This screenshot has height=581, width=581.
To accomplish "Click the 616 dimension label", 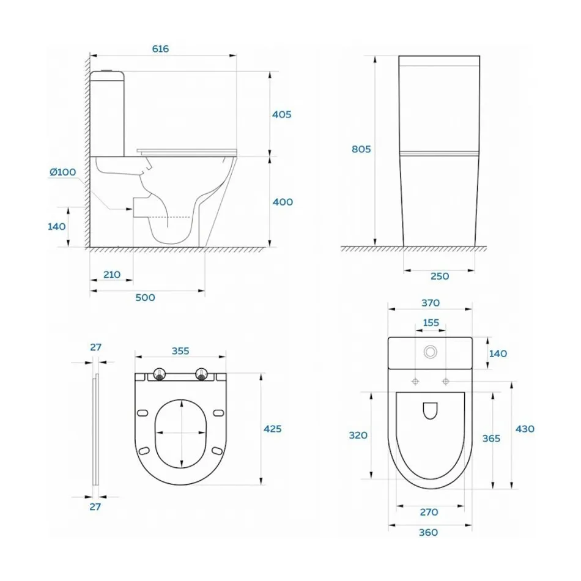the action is pos(160,48).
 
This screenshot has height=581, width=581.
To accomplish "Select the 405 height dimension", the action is pos(281,114).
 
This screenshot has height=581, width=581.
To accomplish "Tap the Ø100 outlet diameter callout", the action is pos(62,172).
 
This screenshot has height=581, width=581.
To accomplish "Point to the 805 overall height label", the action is pos(361,149).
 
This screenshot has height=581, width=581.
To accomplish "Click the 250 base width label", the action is pos(440,276).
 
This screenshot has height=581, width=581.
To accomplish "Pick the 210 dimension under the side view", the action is pos(111,275).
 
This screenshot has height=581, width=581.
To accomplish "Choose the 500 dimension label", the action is pos(145,298).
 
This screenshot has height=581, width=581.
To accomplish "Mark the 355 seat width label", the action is pos(180,351).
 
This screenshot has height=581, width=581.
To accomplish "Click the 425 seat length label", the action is pos(272,429).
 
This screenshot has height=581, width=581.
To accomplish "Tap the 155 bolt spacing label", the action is pos(431,323).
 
